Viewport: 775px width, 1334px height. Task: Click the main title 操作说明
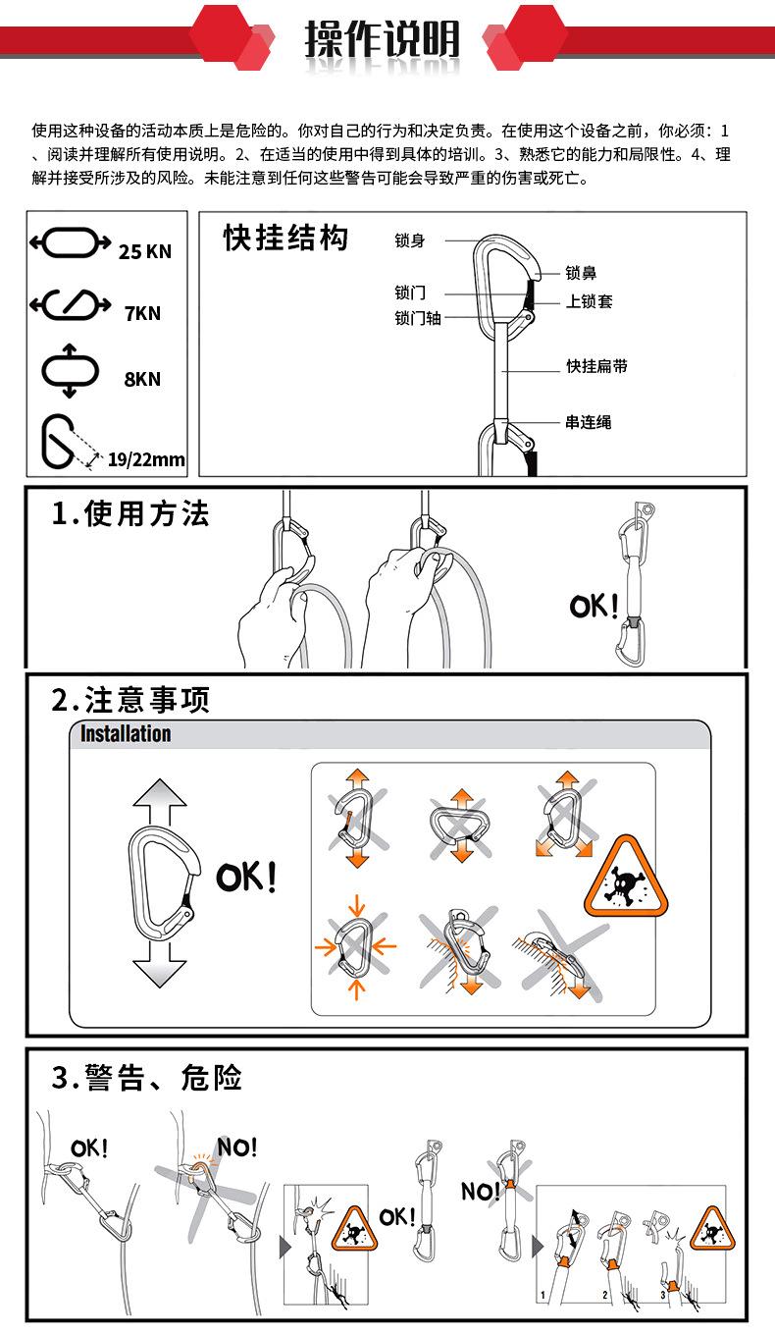[x=383, y=39]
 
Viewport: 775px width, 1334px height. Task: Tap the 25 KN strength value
[x=144, y=252]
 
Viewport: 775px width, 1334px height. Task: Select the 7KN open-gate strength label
[x=142, y=313]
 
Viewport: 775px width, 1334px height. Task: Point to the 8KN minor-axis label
[x=142, y=379]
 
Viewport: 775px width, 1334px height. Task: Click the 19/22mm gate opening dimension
[x=146, y=459]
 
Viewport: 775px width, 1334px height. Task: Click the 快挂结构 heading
[x=285, y=239]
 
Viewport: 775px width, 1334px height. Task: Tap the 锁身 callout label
[x=409, y=240]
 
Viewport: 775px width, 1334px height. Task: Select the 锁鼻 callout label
[x=581, y=273]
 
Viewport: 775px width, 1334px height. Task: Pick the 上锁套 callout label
[x=589, y=301]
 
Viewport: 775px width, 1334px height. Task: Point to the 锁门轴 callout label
[x=418, y=318]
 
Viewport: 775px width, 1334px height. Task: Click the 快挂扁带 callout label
[x=596, y=366]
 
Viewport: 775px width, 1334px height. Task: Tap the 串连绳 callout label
[x=588, y=422]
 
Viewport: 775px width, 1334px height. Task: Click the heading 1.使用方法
[x=130, y=513]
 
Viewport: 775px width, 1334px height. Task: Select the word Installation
[x=126, y=733]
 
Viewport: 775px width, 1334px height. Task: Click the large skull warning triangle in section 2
[x=626, y=875]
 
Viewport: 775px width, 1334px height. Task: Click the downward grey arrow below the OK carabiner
[x=160, y=965]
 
